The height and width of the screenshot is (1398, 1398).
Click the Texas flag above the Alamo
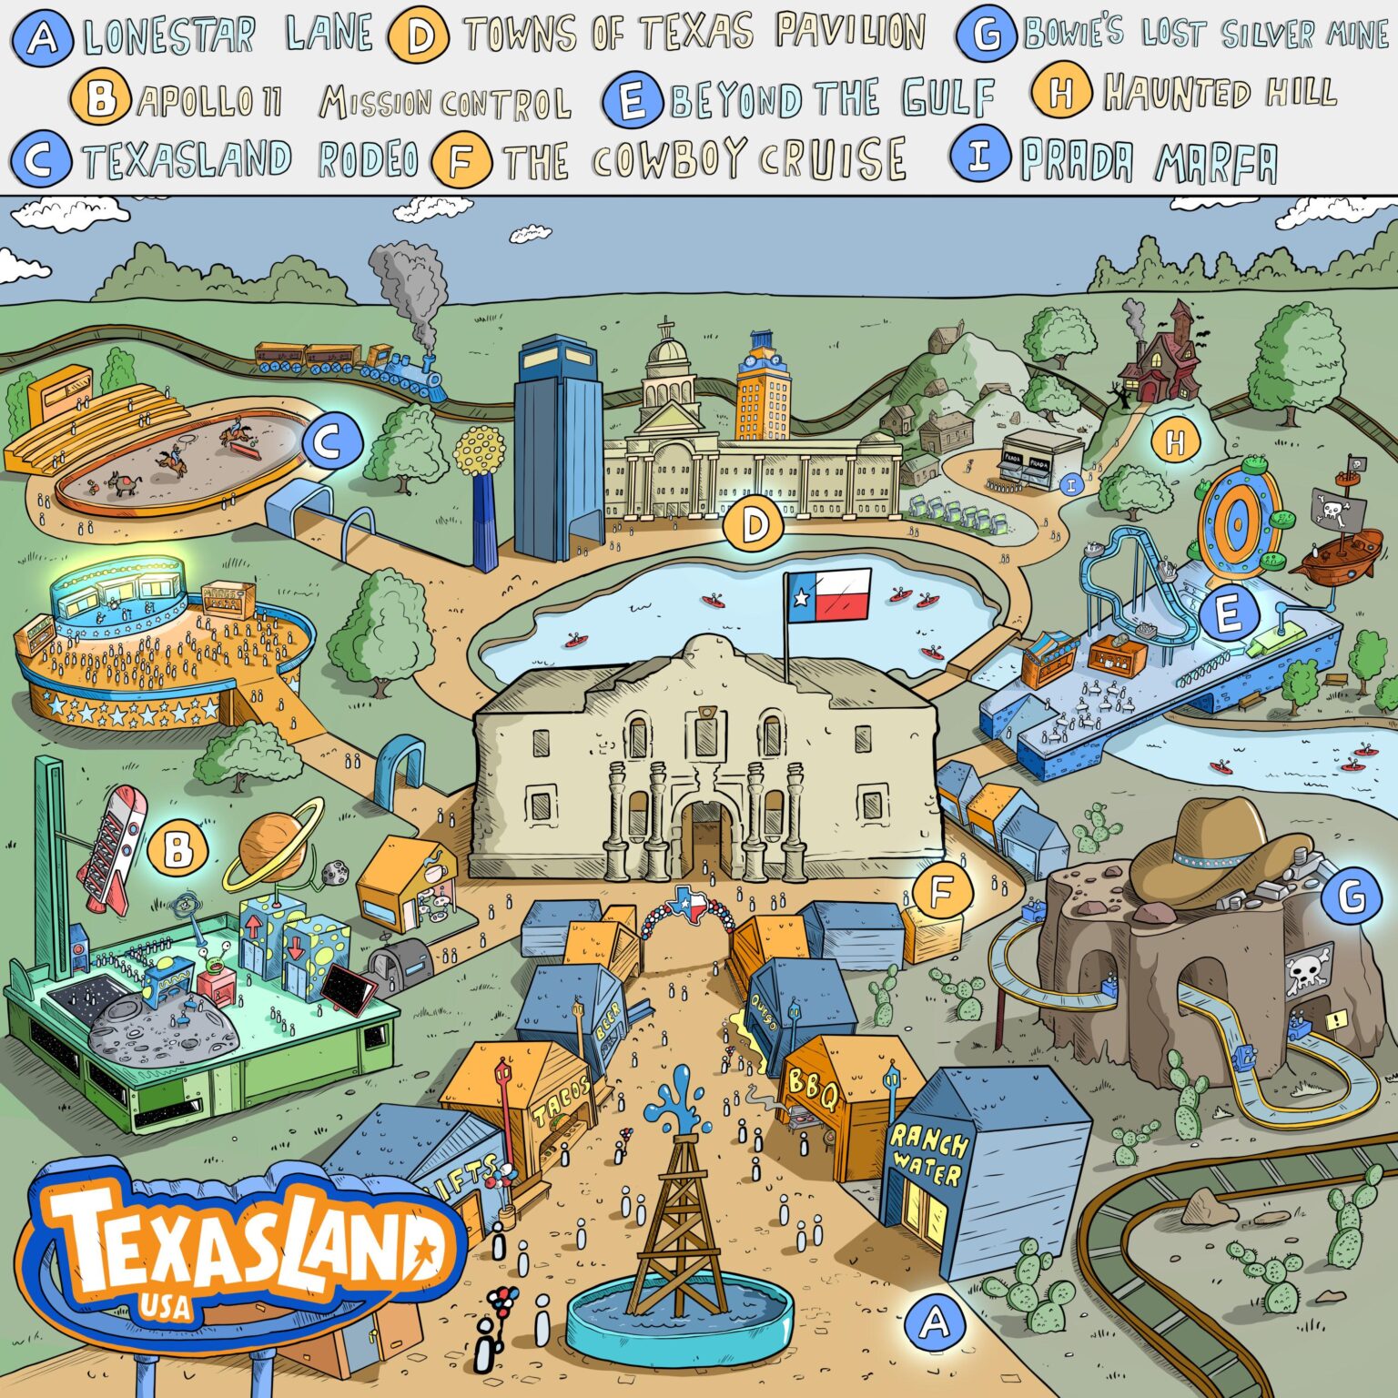tap(829, 595)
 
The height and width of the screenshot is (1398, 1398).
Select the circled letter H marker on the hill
tap(1175, 443)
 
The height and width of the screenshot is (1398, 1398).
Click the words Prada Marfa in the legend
tap(1149, 162)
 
